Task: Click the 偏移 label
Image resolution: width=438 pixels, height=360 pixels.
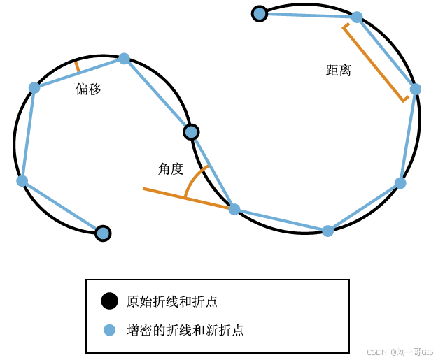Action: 88,89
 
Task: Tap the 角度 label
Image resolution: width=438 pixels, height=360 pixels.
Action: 171,168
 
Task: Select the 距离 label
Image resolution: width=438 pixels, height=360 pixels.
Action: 339,71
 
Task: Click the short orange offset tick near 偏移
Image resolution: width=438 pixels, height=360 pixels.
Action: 77,66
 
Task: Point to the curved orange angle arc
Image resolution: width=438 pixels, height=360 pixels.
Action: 193,179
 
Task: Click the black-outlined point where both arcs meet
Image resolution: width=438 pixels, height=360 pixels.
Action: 191,131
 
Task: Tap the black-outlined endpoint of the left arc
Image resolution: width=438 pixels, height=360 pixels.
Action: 103,233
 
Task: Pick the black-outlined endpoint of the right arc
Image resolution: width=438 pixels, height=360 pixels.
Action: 260,13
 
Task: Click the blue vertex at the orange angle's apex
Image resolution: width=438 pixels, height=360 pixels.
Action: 234,209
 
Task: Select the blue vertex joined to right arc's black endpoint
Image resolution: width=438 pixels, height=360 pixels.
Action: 357,17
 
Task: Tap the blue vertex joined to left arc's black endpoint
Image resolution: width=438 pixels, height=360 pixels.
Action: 22,180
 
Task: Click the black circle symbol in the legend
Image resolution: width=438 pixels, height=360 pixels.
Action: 109,301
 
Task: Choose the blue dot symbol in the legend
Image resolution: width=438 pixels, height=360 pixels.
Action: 109,330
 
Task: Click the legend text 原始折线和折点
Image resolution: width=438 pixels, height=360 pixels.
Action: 171,302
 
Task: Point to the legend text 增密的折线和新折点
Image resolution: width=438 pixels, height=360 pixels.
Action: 185,330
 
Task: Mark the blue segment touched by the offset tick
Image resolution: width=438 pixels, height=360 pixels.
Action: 79,73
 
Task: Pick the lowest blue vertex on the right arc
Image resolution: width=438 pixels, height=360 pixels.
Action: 327,231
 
